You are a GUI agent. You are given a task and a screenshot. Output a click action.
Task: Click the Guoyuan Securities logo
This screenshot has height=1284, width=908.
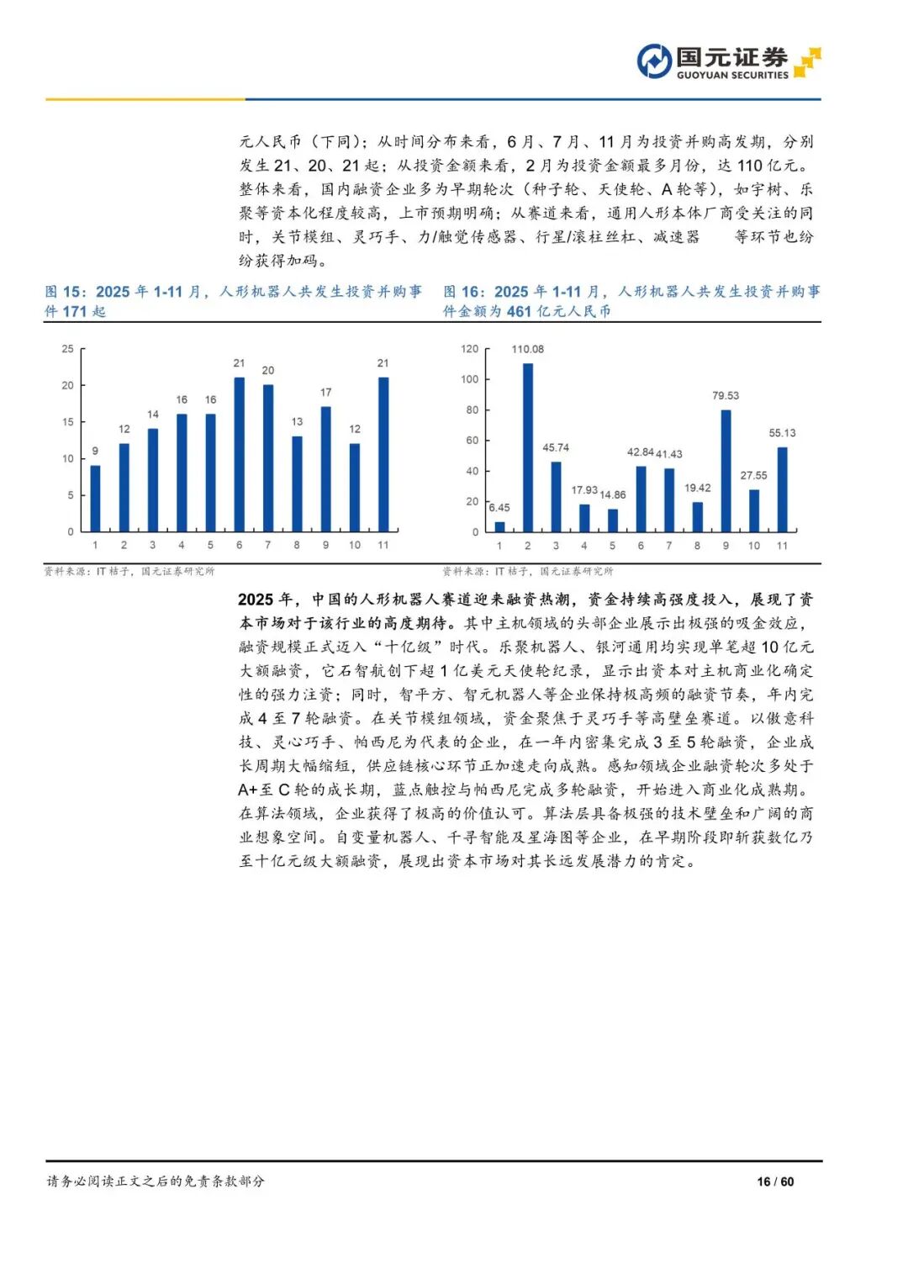click(x=728, y=61)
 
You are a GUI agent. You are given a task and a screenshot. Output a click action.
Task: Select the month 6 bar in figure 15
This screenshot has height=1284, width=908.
click(x=240, y=454)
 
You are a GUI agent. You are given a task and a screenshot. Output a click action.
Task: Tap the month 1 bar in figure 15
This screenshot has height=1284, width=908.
click(x=95, y=498)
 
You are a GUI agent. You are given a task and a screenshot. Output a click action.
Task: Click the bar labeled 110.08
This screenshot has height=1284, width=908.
click(x=528, y=447)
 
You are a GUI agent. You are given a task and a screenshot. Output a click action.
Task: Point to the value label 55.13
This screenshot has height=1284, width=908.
click(x=782, y=433)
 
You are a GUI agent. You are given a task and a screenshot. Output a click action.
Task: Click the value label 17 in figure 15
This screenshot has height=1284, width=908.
click(x=326, y=393)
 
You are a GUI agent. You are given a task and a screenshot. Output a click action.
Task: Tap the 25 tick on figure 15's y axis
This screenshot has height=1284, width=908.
click(x=67, y=349)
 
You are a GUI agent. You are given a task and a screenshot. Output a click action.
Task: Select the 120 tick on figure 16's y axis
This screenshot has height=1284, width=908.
click(x=469, y=349)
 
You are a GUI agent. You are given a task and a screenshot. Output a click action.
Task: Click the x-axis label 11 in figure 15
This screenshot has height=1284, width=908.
click(x=383, y=545)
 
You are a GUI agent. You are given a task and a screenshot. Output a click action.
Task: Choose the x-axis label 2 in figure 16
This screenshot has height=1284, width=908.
click(x=528, y=546)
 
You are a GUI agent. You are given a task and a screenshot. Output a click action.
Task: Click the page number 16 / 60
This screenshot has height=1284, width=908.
click(x=775, y=1181)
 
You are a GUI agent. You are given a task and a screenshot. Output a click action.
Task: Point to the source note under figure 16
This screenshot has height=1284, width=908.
click(x=528, y=571)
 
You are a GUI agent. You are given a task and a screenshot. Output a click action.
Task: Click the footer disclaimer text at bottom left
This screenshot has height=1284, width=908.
click(x=156, y=1181)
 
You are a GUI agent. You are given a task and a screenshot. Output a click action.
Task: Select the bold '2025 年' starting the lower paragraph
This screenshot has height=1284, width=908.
click(x=266, y=600)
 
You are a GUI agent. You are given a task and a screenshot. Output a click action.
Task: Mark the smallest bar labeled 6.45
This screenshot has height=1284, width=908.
click(x=500, y=526)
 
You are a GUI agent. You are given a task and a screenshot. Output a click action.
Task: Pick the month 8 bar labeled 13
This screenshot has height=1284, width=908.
click(x=297, y=483)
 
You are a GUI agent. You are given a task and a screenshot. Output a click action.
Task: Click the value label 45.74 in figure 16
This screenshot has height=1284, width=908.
click(x=556, y=447)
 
